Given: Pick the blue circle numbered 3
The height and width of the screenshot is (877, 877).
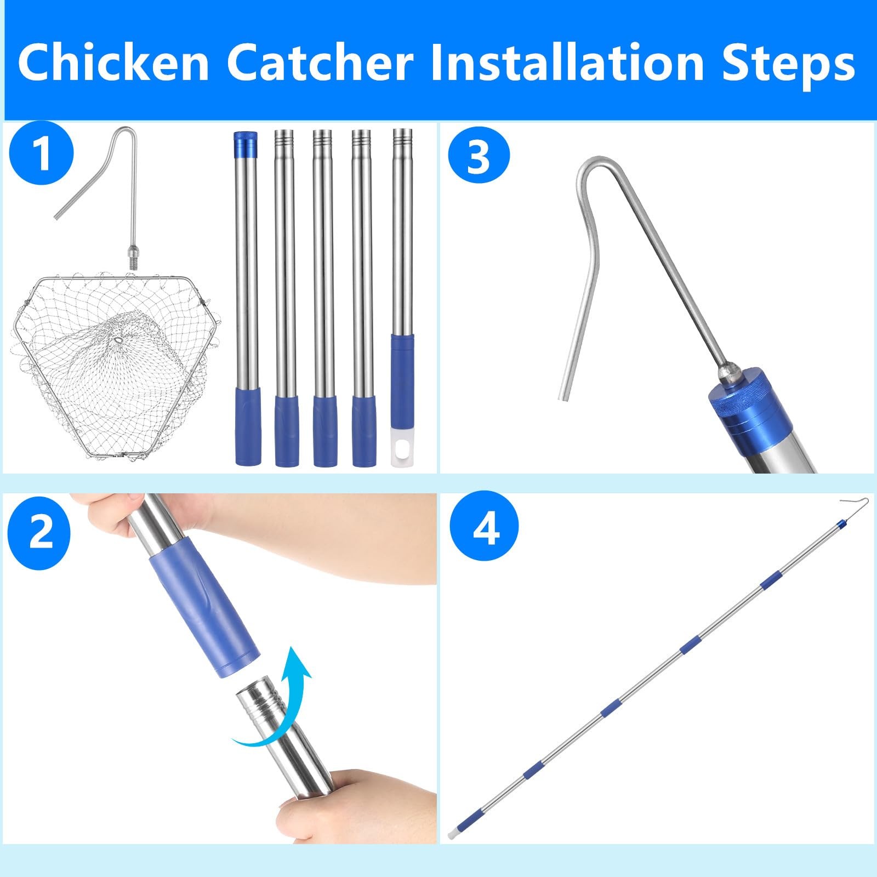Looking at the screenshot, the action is click(479, 155).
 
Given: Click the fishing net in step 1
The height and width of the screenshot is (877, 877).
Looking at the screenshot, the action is click(113, 366).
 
